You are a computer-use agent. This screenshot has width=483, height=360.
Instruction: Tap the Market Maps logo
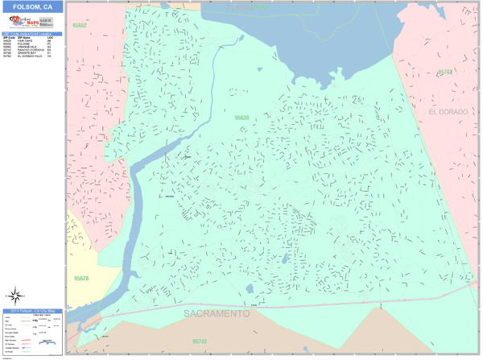click(22, 23)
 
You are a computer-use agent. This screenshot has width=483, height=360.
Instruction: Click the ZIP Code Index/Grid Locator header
click(32, 34)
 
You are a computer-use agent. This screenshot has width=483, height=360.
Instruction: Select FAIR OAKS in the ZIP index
click(23, 40)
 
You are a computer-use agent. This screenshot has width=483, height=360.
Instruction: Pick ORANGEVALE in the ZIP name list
click(25, 47)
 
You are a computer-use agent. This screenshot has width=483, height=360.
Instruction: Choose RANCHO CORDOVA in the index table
click(28, 50)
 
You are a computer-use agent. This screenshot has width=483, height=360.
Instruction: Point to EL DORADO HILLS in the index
click(28, 56)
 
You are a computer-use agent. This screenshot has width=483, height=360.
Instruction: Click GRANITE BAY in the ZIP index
click(25, 53)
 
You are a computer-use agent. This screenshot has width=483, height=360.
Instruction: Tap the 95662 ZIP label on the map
click(79, 25)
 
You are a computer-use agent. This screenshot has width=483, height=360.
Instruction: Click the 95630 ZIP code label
click(242, 118)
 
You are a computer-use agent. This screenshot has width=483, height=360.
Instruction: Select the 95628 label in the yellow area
click(81, 279)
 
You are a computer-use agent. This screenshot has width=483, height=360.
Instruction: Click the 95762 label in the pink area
click(444, 72)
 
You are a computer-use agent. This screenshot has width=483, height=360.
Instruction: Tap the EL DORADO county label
click(448, 111)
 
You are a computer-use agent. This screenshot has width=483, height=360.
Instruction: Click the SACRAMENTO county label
click(216, 313)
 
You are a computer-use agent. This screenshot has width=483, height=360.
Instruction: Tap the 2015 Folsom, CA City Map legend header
click(32, 310)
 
